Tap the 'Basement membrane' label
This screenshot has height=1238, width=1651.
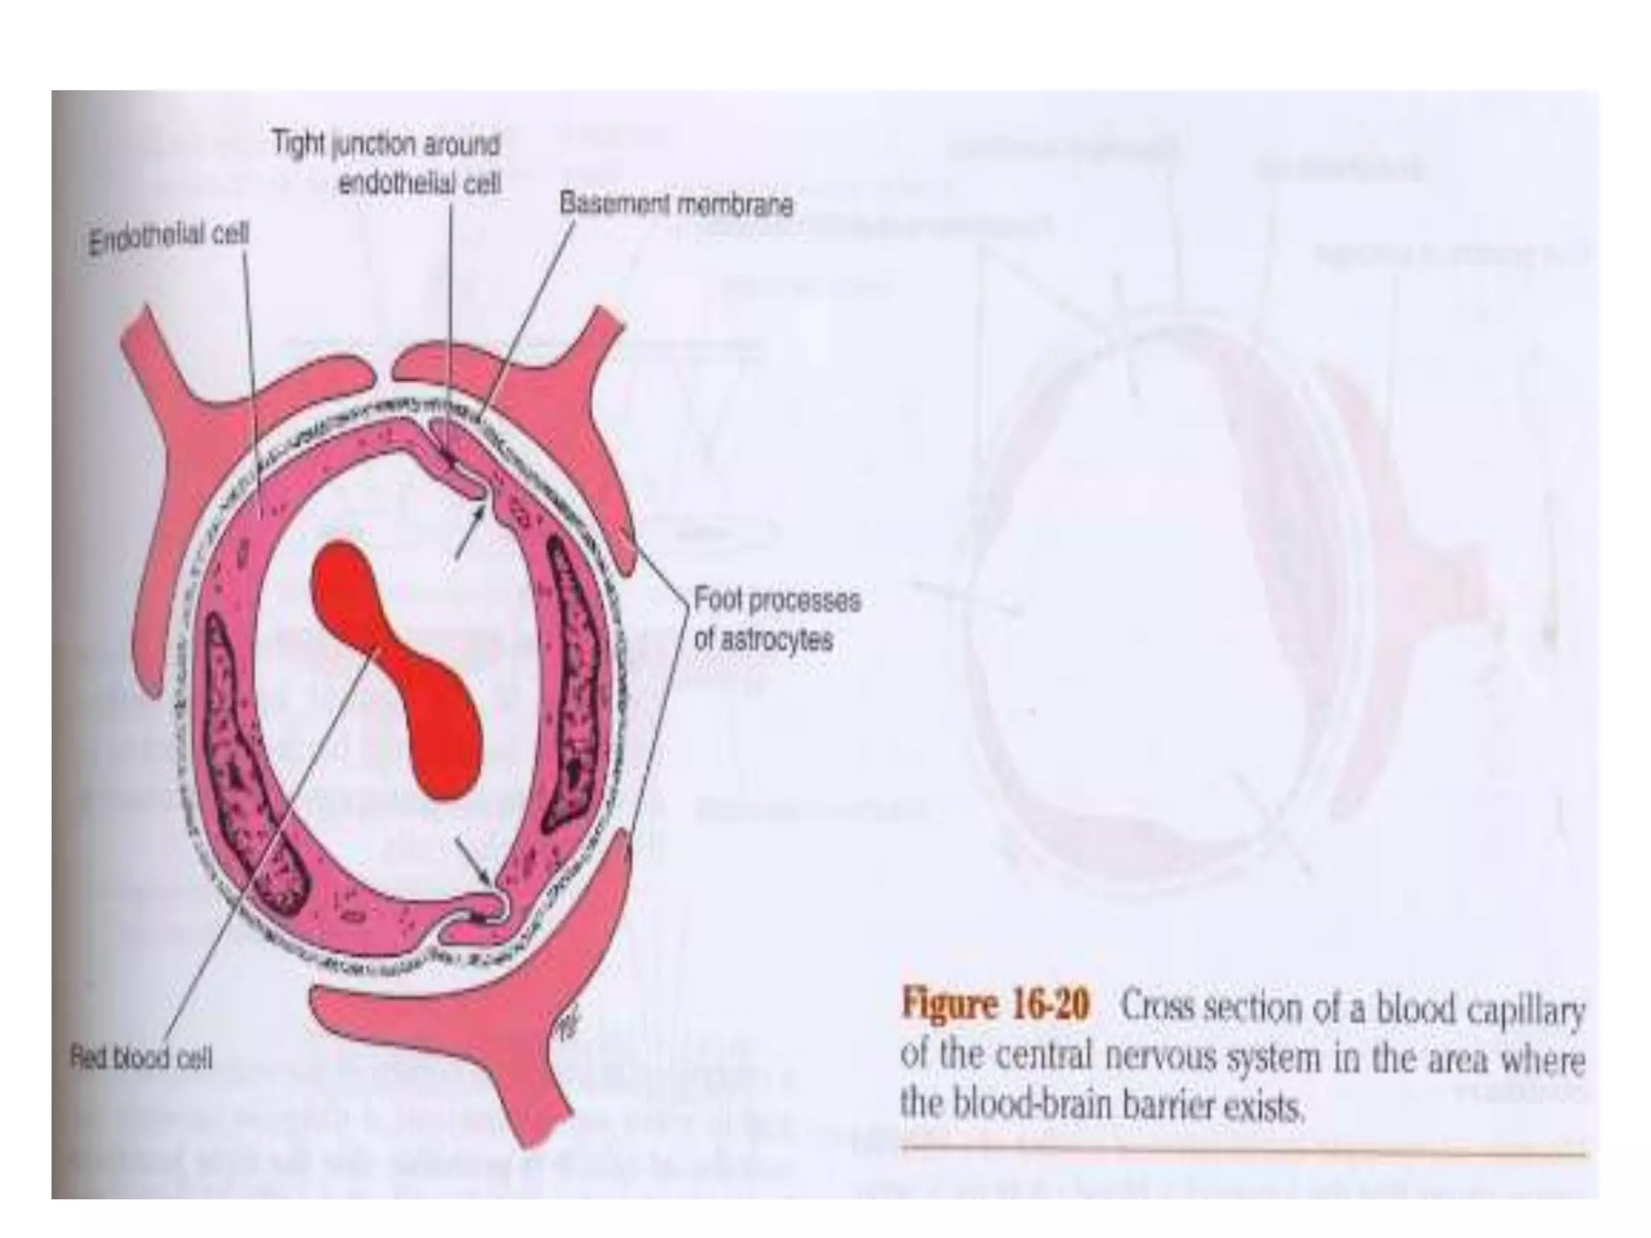(676, 205)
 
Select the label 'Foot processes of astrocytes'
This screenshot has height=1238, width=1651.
(776, 619)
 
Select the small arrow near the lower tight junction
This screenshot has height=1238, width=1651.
(474, 862)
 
